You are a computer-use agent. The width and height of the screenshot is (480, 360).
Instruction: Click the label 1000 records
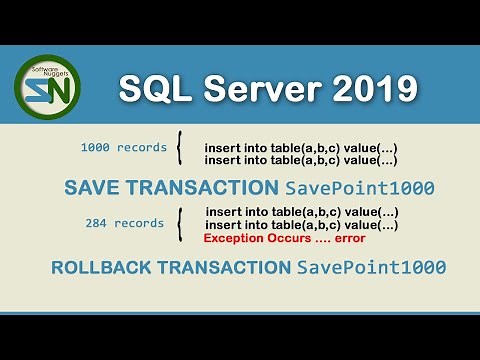[124, 148]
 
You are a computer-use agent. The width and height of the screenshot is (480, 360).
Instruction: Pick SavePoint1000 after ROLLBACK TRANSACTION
[371, 267]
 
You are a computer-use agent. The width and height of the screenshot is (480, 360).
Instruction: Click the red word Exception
[235, 239]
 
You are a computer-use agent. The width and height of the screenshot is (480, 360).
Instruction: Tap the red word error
[348, 239]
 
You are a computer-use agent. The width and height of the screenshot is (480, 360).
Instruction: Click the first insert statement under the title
[301, 147]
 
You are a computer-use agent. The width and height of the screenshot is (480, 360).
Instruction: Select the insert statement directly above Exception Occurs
[301, 225]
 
